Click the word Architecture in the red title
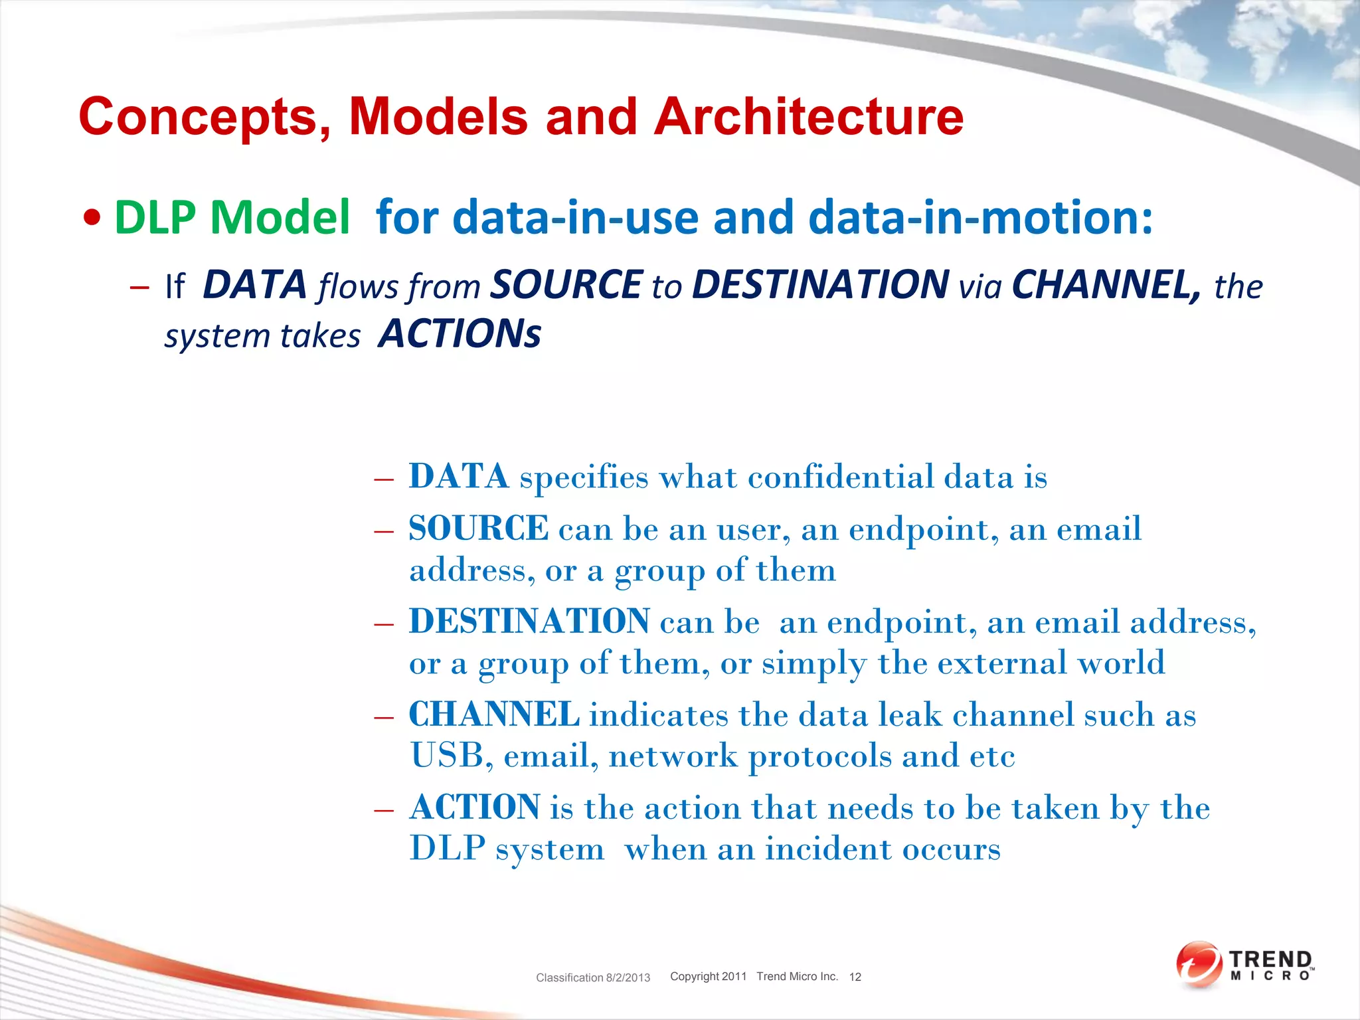click(x=808, y=117)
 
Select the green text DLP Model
click(x=232, y=217)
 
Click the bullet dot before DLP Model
click(x=93, y=218)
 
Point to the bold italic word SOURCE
click(x=566, y=285)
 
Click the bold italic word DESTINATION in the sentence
click(x=820, y=285)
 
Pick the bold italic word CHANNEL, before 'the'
click(x=1106, y=285)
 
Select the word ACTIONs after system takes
click(x=460, y=333)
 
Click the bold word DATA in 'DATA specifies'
click(x=459, y=476)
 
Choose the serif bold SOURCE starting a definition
click(x=478, y=529)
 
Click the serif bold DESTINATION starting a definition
click(x=529, y=622)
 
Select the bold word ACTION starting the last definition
click(x=475, y=807)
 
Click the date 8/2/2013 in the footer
click(x=628, y=977)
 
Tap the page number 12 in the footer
click(x=855, y=977)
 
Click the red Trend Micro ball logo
click(x=1199, y=964)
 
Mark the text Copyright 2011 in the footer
click(x=708, y=976)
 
